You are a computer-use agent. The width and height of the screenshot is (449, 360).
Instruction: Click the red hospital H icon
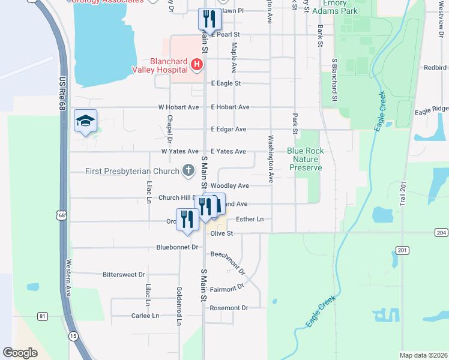[x=196, y=64]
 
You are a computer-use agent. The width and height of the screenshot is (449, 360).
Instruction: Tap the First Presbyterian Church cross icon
[x=188, y=171]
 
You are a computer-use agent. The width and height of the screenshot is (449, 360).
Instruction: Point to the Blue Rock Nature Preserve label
[x=305, y=159]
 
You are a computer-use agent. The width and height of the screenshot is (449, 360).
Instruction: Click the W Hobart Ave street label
[x=178, y=107]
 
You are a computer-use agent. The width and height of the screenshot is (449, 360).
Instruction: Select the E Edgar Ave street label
[x=228, y=130]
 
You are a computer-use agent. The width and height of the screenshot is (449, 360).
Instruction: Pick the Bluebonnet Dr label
[x=176, y=247]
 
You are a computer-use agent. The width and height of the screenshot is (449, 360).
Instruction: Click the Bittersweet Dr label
[x=124, y=274]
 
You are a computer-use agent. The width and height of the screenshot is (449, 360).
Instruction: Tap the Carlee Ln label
[x=145, y=316]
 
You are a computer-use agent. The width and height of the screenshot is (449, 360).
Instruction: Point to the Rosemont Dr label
[x=229, y=308]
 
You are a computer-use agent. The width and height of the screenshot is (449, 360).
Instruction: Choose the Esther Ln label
[x=250, y=220]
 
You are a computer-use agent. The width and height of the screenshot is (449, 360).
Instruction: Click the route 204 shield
[x=441, y=233]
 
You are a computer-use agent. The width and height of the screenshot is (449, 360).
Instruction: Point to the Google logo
[x=20, y=353]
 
